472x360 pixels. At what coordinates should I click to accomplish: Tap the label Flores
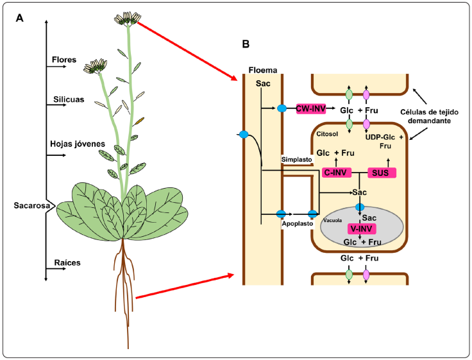64,60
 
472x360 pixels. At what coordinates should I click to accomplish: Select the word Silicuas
67,99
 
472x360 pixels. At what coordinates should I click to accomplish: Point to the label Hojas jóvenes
77,144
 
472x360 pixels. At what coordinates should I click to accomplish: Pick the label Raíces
66,262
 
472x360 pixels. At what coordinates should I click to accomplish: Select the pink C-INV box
336,173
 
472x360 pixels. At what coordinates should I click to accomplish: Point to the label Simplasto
296,158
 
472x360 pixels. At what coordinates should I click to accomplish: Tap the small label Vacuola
333,219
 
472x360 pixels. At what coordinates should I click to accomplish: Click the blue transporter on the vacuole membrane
360,207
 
